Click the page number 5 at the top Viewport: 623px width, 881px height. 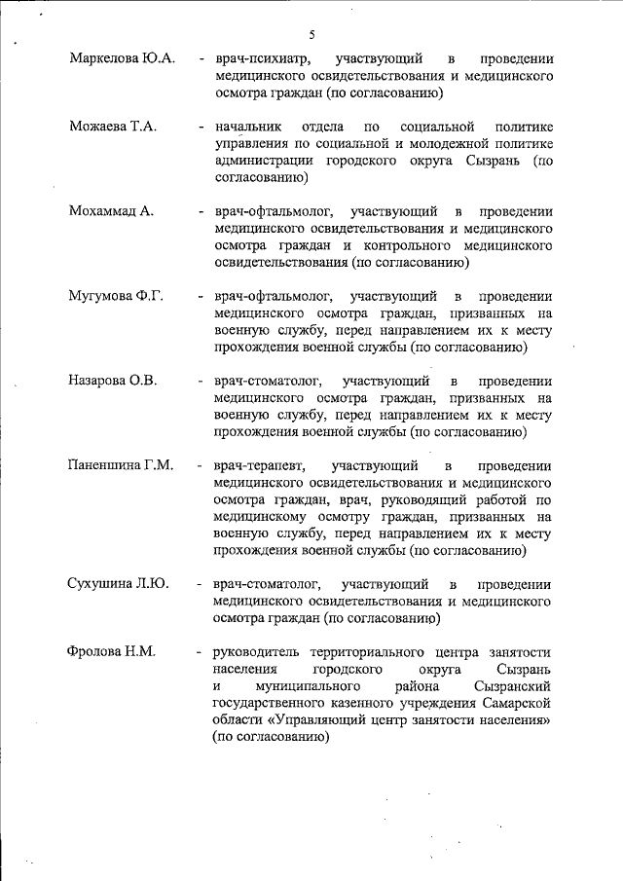coord(312,35)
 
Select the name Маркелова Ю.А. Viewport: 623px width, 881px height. coord(123,59)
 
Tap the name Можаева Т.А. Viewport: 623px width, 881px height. coord(112,128)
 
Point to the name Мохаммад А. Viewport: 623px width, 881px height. coord(112,211)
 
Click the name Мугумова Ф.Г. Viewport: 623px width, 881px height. coord(115,296)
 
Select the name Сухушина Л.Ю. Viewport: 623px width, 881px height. coord(119,584)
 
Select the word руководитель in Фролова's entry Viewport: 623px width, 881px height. coord(258,650)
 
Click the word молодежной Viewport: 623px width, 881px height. coord(416,144)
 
